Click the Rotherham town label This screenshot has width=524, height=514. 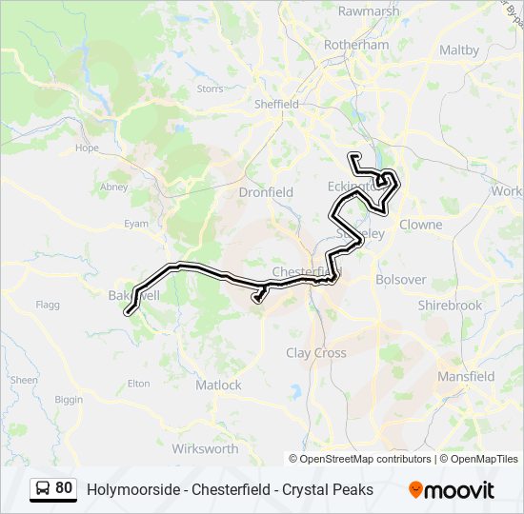[x=356, y=45]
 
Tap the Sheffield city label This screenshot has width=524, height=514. [x=276, y=105]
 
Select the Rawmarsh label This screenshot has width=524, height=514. [x=368, y=11]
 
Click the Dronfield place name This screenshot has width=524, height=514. [x=266, y=192]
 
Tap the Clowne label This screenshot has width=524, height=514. [x=420, y=225]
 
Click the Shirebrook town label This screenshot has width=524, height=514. [x=451, y=306]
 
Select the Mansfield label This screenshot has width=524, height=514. [x=466, y=376]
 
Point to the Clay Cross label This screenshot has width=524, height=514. [x=316, y=353]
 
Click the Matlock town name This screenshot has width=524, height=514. [x=218, y=385]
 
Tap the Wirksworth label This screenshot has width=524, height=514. [x=205, y=448]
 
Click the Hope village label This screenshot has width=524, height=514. [x=87, y=148]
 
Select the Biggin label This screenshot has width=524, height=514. [x=69, y=400]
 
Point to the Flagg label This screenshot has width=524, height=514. [x=48, y=305]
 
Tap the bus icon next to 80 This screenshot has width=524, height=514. [x=44, y=489]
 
